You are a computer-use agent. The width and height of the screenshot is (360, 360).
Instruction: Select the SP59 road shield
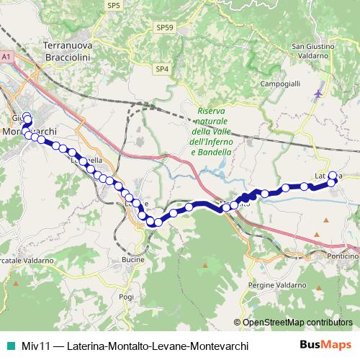tap(165, 27)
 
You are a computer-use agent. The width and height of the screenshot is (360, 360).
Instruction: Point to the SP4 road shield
tap(161, 69)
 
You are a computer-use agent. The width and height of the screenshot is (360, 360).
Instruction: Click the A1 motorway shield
tap(6, 55)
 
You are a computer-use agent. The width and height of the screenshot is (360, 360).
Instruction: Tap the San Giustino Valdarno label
tap(315, 52)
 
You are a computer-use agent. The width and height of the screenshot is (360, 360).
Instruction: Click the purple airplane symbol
tap(319, 93)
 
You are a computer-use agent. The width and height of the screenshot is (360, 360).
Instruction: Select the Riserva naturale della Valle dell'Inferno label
tap(211, 132)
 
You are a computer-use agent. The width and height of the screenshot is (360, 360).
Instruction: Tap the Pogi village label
tap(127, 297)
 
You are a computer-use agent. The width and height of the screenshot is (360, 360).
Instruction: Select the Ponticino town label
tap(342, 256)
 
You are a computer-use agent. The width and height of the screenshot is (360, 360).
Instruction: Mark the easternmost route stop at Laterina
tap(333, 175)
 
